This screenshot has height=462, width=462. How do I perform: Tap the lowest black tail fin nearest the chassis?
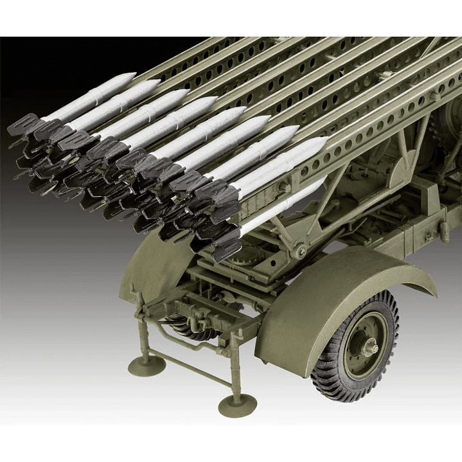click(226, 251)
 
